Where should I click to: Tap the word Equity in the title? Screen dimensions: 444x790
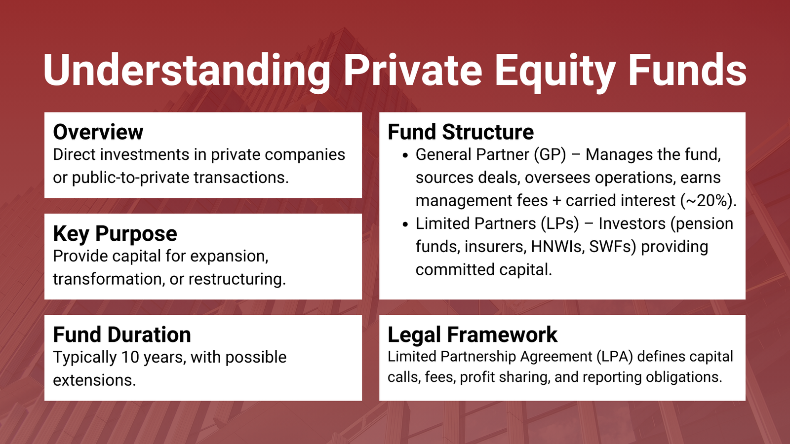pyautogui.click(x=555, y=71)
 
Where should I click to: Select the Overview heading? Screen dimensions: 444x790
pyautogui.click(x=98, y=132)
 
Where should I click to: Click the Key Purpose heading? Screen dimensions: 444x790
pyautogui.click(x=115, y=233)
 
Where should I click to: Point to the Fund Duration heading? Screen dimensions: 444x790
pyautogui.click(x=122, y=334)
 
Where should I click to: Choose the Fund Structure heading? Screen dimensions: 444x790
pyautogui.click(x=461, y=132)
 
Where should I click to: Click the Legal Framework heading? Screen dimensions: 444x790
pyautogui.click(x=473, y=334)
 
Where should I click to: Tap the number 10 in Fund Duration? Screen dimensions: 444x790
pyautogui.click(x=130, y=357)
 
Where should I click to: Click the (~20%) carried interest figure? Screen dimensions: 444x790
pyautogui.click(x=708, y=201)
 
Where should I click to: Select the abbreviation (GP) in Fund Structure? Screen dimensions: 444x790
pyautogui.click(x=550, y=155)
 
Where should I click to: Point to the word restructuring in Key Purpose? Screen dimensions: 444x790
pyautogui.click(x=237, y=279)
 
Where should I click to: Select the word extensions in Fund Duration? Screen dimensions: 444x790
pyautogui.click(x=94, y=380)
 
